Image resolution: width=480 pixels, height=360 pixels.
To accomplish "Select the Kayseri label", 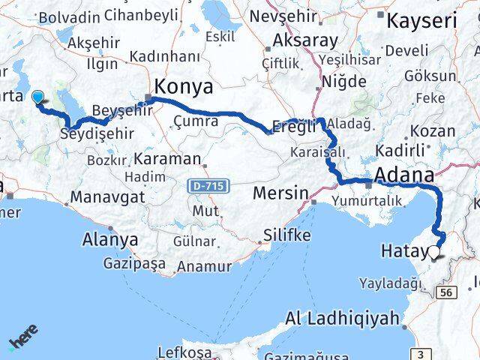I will click(x=422, y=21).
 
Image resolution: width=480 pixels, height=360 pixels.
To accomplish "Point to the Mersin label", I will click(x=280, y=193).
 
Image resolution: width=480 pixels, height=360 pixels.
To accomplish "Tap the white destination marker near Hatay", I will click(x=434, y=253).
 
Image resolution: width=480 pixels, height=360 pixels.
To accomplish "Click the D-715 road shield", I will click(x=209, y=184).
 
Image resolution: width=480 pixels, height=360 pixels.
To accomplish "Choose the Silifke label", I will click(x=285, y=235).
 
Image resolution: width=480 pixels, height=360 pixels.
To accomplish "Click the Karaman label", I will click(x=169, y=159).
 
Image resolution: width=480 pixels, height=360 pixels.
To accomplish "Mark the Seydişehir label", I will click(x=97, y=133).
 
